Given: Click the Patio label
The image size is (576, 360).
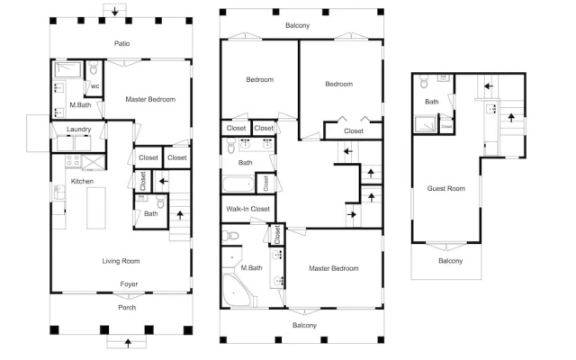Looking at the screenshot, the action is pyautogui.click(x=122, y=44).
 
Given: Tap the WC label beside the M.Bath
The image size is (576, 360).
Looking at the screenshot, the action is pyautogui.click(x=94, y=86).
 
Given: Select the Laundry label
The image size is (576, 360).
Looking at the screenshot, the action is pyautogui.click(x=78, y=130).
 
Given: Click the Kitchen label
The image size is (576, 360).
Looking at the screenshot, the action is pyautogui.click(x=82, y=182).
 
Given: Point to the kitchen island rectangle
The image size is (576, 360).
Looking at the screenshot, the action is pyautogui.click(x=96, y=208).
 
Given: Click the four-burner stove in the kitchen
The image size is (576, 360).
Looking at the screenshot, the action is pyautogui.click(x=73, y=161).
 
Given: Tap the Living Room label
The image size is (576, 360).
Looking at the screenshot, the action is pyautogui.click(x=121, y=261).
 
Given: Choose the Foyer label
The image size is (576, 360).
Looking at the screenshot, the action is pyautogui.click(x=129, y=284).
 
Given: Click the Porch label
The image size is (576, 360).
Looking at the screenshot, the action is pyautogui.click(x=127, y=308).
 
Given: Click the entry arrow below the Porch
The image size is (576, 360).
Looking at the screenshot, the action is pyautogui.click(x=128, y=343).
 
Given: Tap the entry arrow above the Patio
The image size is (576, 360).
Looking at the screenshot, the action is pyautogui.click(x=115, y=12).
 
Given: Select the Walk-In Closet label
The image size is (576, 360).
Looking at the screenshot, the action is pyautogui.click(x=248, y=209).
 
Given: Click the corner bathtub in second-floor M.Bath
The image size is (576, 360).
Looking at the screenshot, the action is pyautogui.click(x=237, y=290).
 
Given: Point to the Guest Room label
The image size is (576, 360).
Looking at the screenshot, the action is pyautogui.click(x=446, y=188).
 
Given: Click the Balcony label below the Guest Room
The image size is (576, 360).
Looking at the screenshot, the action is pyautogui.click(x=450, y=261).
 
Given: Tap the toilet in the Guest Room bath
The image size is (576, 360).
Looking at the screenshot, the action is pyautogui.click(x=424, y=82).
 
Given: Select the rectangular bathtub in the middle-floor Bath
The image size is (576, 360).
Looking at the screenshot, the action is pyautogui.click(x=238, y=184).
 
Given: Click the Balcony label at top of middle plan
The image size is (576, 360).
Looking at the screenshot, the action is pyautogui.click(x=298, y=26).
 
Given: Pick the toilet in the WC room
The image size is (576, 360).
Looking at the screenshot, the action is pyautogui.click(x=94, y=67).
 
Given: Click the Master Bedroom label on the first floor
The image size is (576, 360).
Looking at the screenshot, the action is pyautogui.click(x=150, y=99).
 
